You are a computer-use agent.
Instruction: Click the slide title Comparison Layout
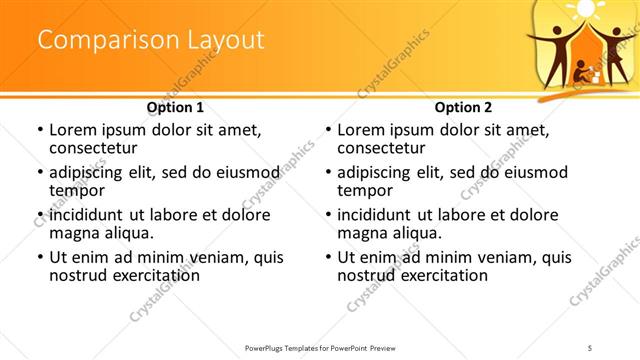click(x=151, y=40)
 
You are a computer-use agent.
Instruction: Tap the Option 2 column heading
click(x=463, y=107)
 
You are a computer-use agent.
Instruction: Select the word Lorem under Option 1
click(x=75, y=130)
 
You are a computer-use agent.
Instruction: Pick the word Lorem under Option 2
click(x=363, y=130)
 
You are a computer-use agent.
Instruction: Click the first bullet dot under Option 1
click(x=39, y=131)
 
